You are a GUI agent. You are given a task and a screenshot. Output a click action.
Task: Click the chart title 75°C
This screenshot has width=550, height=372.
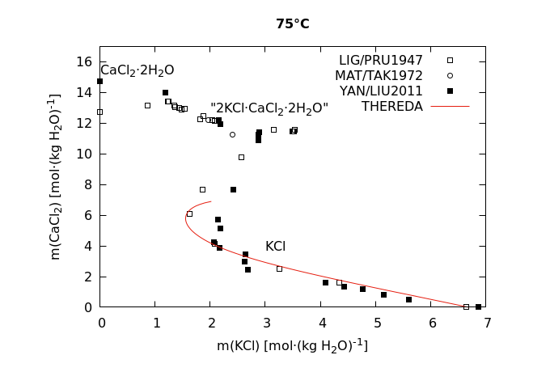click(292, 24)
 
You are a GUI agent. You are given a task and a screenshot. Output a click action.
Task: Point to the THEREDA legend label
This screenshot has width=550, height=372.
click(392, 107)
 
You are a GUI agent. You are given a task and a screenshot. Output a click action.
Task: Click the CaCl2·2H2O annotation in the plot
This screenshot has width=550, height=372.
click(137, 70)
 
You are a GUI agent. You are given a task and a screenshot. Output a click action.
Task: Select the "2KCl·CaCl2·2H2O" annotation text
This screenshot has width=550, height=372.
click(269, 108)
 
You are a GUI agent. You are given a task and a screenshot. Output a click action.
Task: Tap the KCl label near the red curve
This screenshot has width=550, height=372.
click(275, 247)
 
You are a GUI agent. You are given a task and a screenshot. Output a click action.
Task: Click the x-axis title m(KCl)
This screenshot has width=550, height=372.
click(292, 346)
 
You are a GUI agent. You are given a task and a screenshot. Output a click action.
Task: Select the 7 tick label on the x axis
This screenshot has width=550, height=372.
click(488, 323)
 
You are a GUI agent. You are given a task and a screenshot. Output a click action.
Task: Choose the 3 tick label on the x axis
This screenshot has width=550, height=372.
click(266, 323)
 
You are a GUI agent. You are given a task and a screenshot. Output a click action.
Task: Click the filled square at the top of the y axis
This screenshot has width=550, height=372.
click(99, 81)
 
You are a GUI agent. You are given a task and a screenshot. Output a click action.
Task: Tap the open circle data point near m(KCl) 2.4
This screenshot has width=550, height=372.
click(232, 134)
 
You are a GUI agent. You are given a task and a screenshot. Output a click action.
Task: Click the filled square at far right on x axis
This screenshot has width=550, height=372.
click(478, 306)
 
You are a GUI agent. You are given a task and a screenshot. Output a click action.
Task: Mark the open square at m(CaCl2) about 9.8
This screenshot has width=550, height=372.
click(241, 157)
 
